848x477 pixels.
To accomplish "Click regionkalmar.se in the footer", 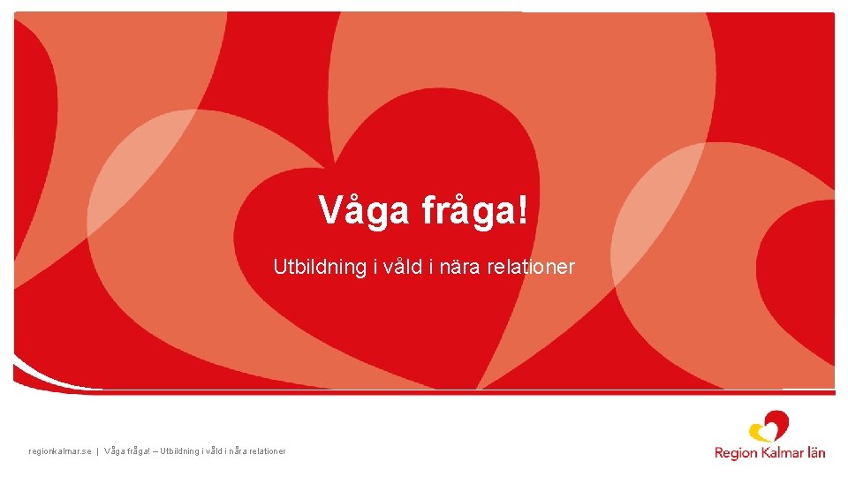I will point(60,451).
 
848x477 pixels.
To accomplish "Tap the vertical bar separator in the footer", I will point(97,451).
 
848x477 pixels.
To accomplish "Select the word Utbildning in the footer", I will point(180,451).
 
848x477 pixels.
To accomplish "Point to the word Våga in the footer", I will point(115,451).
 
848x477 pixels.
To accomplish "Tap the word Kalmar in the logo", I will point(780,452).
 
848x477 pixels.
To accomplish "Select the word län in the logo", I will point(815,452).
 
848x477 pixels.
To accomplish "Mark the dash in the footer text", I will point(155,451).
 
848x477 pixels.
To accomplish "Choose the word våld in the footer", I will point(211,451).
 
